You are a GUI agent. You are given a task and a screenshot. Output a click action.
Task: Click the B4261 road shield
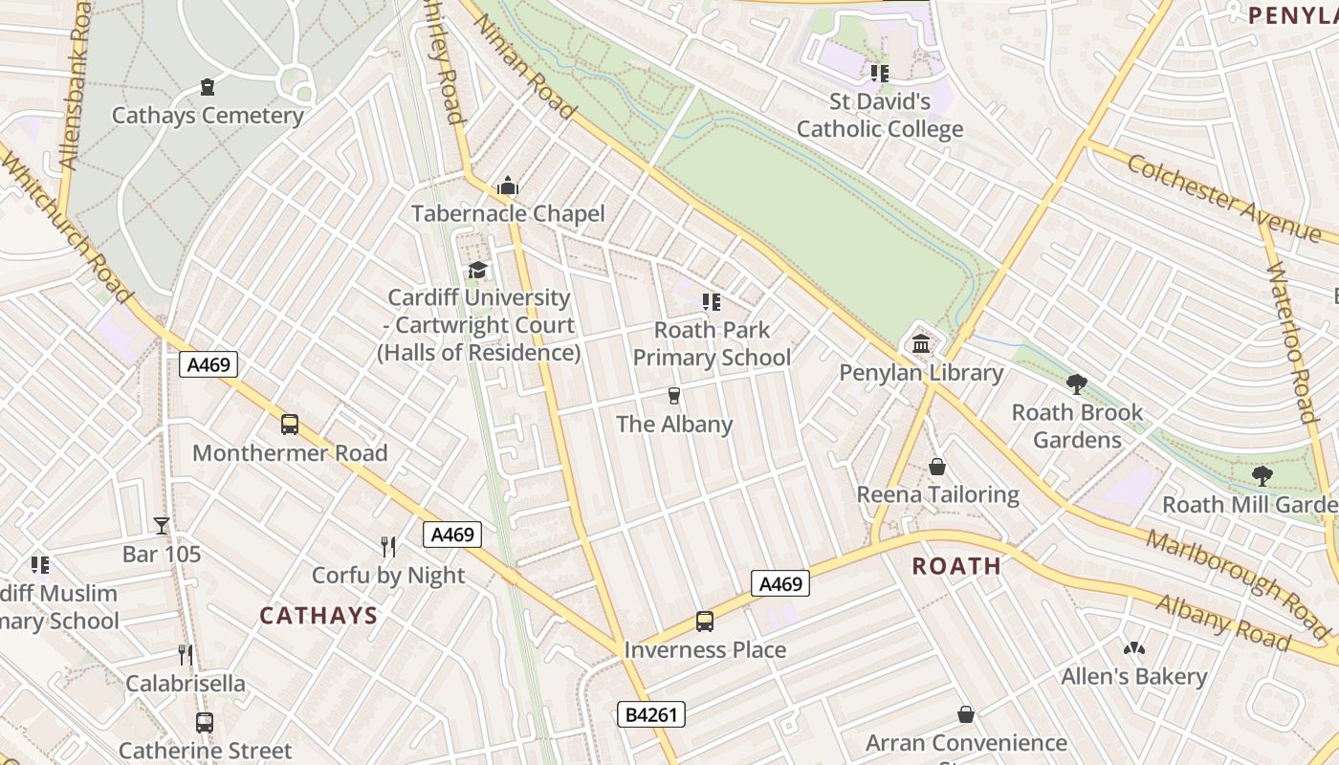[650, 714]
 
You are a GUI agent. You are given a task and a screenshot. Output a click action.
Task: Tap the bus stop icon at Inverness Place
[705, 622]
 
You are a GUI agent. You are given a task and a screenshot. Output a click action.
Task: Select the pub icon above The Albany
[674, 396]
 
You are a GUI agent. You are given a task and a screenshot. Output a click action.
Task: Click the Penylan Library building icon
[921, 343]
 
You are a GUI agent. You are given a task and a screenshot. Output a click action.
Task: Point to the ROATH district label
[956, 565]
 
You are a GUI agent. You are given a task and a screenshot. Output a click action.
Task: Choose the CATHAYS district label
[318, 615]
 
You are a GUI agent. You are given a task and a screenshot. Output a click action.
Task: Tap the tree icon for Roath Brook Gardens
[1077, 384]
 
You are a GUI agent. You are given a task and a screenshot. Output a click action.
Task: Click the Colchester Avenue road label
[1223, 197]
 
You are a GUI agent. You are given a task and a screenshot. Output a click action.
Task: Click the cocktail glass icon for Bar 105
[162, 526]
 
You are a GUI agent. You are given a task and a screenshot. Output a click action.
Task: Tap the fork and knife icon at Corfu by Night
[388, 547]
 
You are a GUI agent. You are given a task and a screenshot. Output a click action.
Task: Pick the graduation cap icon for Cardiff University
[477, 271]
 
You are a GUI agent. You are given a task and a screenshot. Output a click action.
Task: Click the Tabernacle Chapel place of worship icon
[508, 186]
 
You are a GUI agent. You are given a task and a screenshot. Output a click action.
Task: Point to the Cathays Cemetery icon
[208, 87]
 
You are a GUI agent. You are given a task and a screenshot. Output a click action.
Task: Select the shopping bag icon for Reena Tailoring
[937, 467]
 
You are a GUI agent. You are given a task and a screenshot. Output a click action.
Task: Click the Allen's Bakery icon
[1134, 648]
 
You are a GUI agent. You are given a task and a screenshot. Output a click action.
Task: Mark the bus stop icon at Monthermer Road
[290, 425]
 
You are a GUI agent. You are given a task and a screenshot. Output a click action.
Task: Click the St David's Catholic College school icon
[879, 73]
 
